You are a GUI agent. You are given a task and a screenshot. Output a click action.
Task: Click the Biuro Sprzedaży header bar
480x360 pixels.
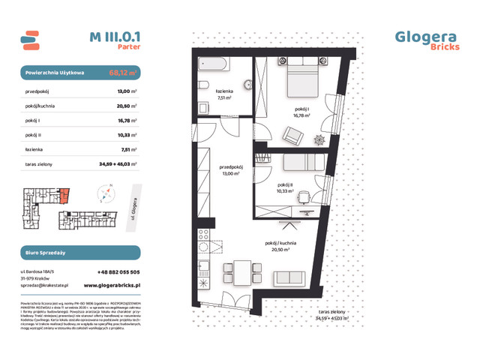(x=79, y=253)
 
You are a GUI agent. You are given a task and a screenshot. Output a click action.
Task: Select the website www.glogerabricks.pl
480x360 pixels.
(x=113, y=285)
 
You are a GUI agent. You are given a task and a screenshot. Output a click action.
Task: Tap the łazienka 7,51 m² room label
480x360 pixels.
(x=224, y=94)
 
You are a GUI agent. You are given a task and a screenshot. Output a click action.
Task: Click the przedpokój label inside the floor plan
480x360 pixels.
(x=229, y=169)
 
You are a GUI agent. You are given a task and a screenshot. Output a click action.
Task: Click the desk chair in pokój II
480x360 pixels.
(x=303, y=197)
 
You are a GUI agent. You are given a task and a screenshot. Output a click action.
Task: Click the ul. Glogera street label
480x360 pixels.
(x=133, y=205)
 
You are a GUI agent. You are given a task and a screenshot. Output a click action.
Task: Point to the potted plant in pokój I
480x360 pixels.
(x=320, y=140)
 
